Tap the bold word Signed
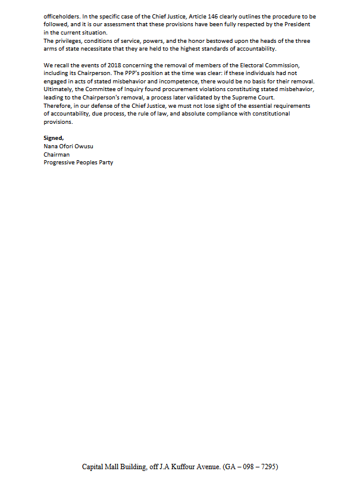[54, 138]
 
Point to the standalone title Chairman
[57, 154]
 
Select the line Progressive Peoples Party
[78, 163]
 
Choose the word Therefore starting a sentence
[58, 105]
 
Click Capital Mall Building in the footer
[113, 467]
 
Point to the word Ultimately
[60, 88]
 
